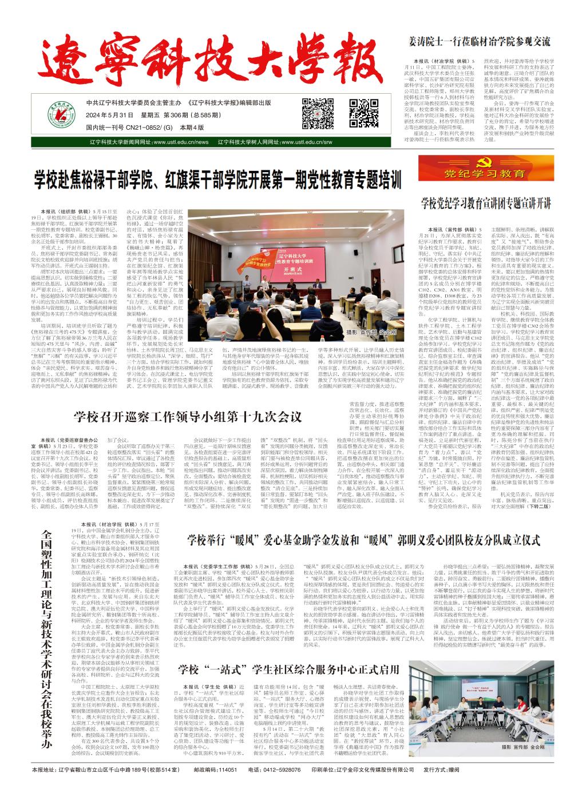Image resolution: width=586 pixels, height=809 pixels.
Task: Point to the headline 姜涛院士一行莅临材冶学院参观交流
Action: pos(480,42)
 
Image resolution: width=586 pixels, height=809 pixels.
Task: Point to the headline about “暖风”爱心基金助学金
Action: pos(364,539)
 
